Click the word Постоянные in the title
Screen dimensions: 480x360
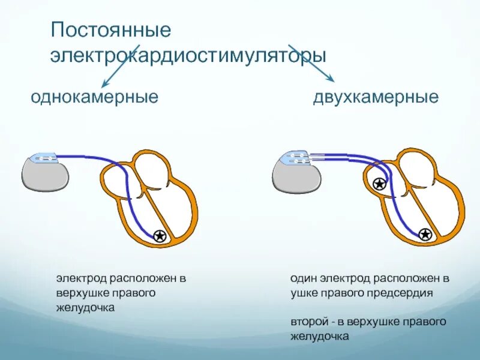[x=111, y=30]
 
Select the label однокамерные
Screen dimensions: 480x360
[x=94, y=97]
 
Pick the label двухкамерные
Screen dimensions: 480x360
[x=376, y=97]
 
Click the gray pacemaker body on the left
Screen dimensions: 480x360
[x=45, y=175]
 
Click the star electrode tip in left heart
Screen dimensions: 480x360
[x=160, y=236]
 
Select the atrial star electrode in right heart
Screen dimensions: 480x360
[x=379, y=184]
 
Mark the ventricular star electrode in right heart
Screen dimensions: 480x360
[x=425, y=235]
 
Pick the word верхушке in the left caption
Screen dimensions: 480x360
[x=82, y=293]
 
